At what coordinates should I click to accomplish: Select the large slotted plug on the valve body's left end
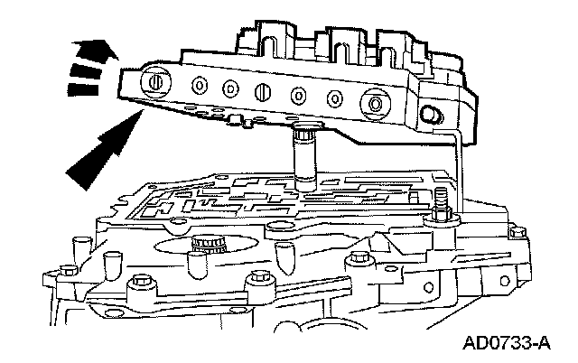[154, 82]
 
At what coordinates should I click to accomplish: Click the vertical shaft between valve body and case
[303, 159]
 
